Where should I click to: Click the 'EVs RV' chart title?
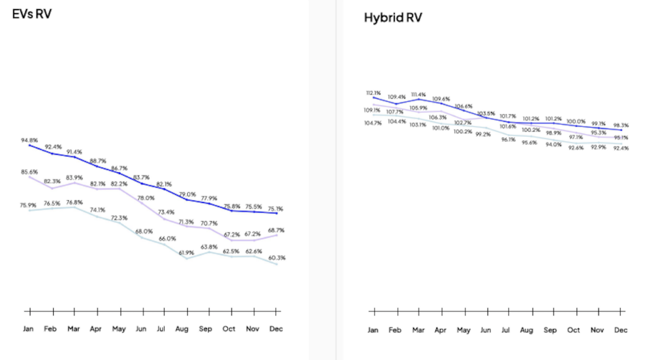coord(32,13)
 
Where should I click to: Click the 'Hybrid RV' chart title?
coord(392,17)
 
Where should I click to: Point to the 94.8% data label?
coord(29,140)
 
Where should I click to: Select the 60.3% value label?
coord(276,258)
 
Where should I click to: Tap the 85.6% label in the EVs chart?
coord(29,171)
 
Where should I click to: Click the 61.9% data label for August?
coord(186,252)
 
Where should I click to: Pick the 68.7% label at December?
coord(276,230)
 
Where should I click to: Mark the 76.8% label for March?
coord(75,202)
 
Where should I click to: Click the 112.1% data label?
coord(375,93)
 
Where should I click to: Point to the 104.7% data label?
coord(373,123)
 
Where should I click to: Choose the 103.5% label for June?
coord(486,113)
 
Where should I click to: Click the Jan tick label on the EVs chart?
coord(29,329)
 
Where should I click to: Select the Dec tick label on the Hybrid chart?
coord(621,330)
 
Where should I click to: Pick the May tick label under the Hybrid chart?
coord(463,330)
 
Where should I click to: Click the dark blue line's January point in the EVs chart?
coord(29,146)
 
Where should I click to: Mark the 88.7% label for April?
coord(97,161)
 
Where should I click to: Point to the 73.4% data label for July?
coord(166,212)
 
